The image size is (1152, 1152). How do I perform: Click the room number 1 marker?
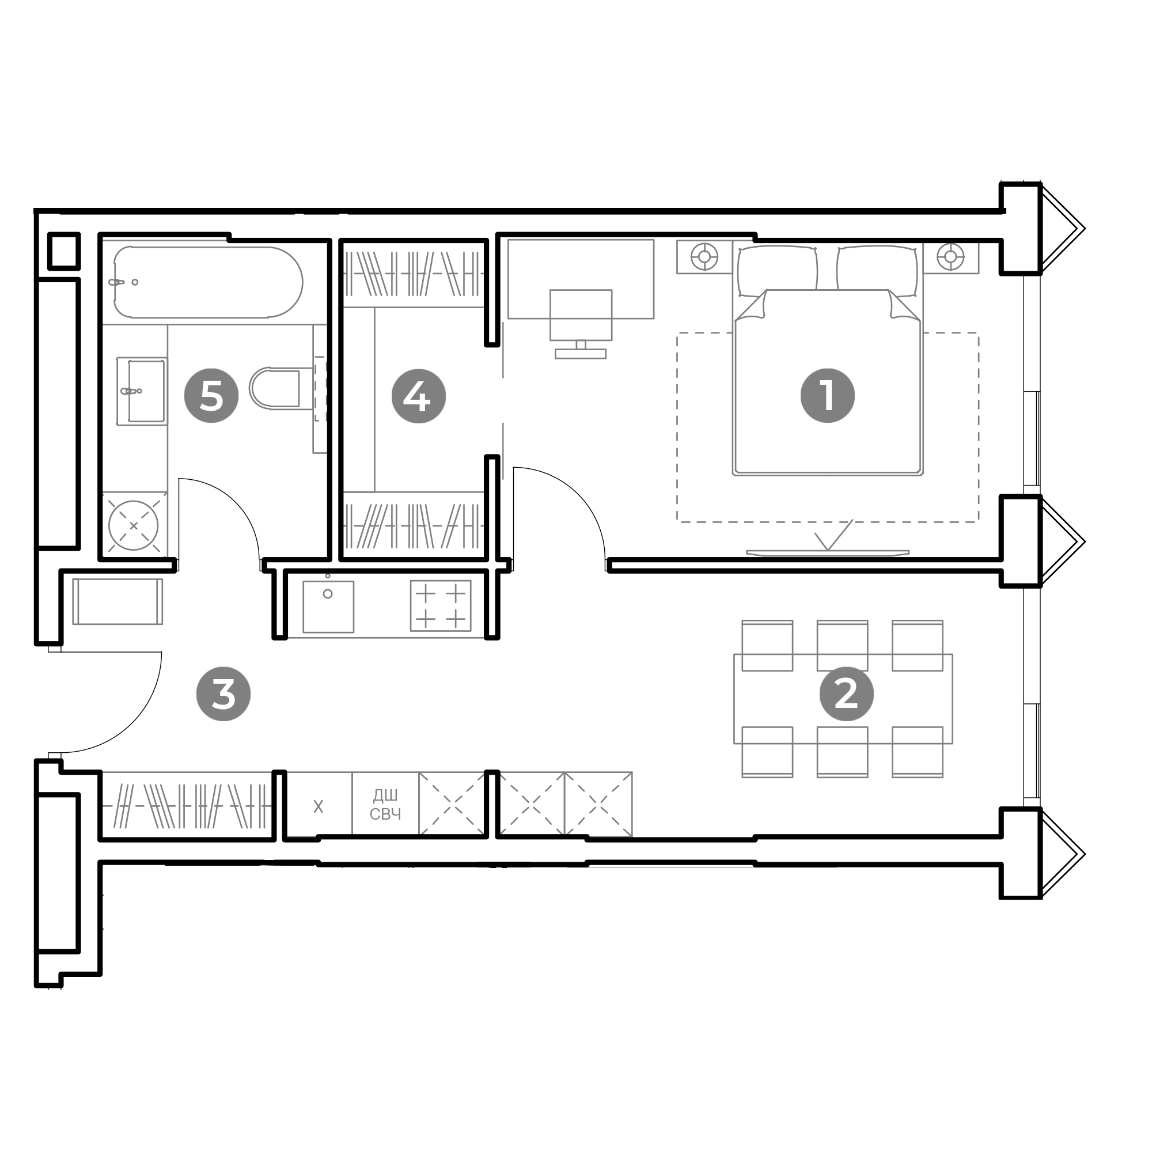(x=827, y=396)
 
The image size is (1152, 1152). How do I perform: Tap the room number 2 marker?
(x=846, y=694)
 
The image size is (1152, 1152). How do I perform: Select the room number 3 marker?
(x=223, y=694)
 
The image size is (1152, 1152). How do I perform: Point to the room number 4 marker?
(x=419, y=396)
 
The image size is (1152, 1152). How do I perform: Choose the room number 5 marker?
(x=211, y=396)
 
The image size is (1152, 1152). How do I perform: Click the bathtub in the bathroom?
(x=208, y=282)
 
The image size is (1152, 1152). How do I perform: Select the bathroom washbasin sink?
(x=143, y=391)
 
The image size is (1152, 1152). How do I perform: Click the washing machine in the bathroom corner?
(x=134, y=526)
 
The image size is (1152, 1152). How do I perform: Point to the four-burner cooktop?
(x=441, y=606)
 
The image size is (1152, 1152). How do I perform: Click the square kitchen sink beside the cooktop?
(x=328, y=607)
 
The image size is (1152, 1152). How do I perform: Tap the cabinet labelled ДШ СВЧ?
(x=385, y=804)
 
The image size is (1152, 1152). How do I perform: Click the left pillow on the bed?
(x=777, y=271)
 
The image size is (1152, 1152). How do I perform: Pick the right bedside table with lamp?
(x=950, y=257)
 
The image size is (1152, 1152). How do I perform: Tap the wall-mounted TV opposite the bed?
(x=828, y=553)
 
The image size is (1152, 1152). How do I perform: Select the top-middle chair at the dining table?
(x=842, y=645)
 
